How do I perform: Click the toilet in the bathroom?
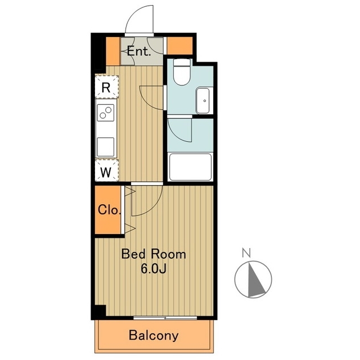(182, 72)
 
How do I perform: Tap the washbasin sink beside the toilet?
(203, 101)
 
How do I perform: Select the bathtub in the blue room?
(190, 167)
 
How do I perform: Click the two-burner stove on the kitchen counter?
(106, 112)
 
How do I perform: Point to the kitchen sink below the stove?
(106, 147)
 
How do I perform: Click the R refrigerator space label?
(106, 88)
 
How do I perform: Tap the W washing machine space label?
(106, 172)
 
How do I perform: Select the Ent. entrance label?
(139, 51)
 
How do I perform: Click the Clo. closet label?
(109, 210)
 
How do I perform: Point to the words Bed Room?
(154, 254)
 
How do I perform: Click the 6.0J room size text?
(154, 269)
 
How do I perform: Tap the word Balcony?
(154, 335)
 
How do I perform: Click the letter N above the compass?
(246, 253)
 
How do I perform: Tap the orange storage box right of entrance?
(180, 46)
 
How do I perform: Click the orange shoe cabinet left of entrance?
(112, 51)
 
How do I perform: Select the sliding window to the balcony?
(165, 318)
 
